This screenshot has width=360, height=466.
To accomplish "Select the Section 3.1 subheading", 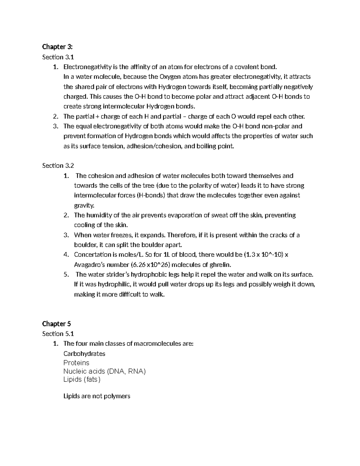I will (58, 57).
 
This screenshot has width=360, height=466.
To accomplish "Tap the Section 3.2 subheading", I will (58, 166).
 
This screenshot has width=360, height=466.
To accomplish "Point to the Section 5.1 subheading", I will (58, 334).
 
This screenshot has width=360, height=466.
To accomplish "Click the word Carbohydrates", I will (84, 353).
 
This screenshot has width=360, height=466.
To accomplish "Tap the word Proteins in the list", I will (76, 363).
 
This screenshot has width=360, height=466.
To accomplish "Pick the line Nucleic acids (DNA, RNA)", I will (104, 371).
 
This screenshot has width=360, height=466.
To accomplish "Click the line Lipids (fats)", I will (82, 380).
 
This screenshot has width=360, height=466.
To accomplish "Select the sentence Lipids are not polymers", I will (97, 396).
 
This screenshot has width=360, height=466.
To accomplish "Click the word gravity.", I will (84, 206).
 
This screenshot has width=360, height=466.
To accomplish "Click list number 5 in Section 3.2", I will (66, 275).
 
